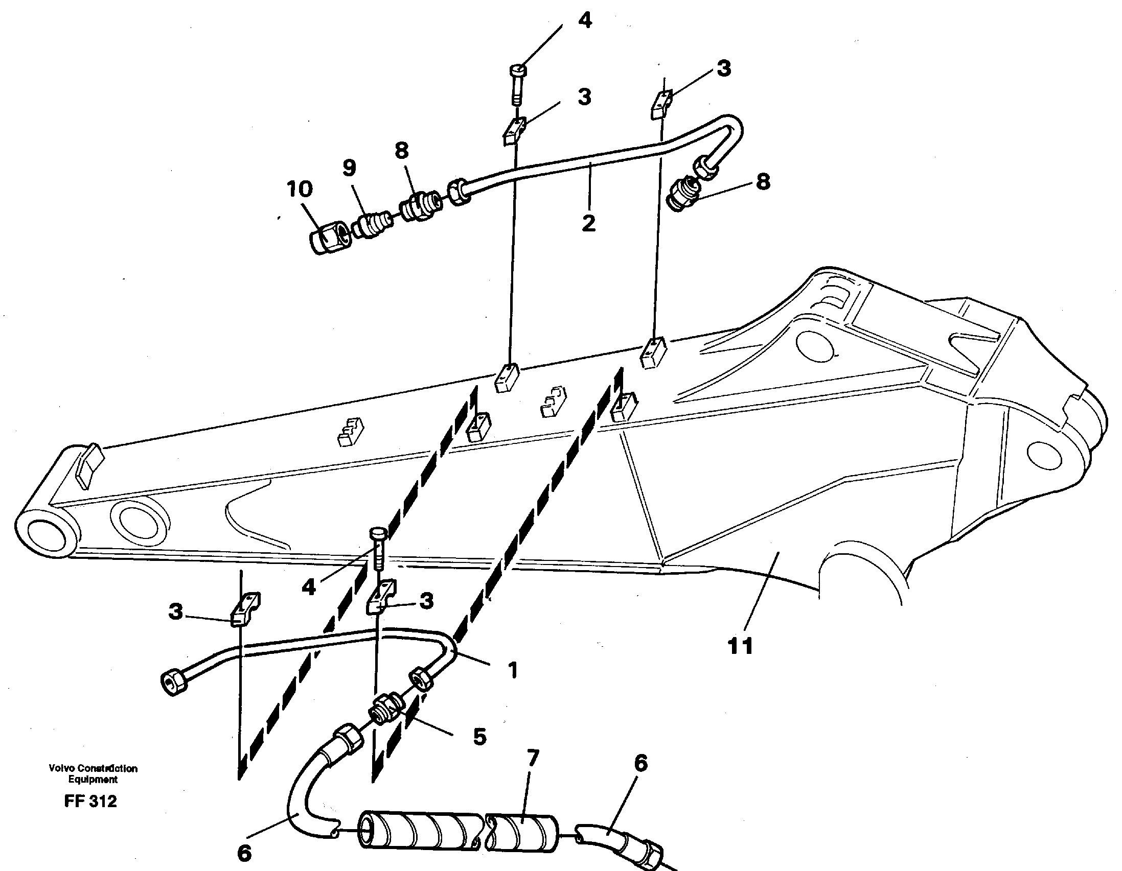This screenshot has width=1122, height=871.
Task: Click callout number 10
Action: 300,190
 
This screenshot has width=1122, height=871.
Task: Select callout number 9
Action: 349,168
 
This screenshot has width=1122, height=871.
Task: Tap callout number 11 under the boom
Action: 740,646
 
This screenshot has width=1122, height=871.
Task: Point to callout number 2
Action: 588,223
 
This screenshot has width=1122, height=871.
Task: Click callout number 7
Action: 533,758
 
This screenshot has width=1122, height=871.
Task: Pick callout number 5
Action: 479,737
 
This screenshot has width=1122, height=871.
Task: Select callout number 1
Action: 512,670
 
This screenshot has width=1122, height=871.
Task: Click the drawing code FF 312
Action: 91,802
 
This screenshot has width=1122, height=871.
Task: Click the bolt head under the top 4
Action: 518,70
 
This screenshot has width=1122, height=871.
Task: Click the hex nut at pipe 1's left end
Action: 173,682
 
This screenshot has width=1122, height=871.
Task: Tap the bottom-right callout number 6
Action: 640,764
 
